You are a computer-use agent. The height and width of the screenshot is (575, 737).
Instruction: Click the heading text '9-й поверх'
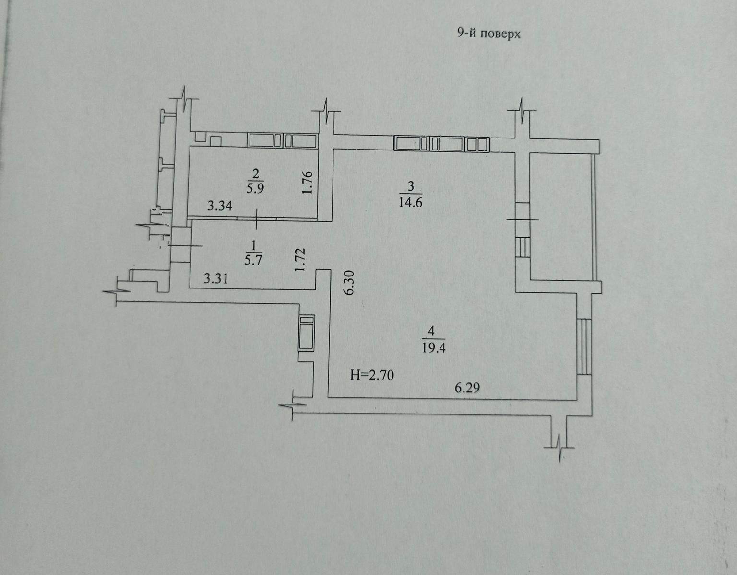coord(488,34)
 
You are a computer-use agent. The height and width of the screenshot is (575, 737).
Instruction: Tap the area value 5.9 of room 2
coord(255,187)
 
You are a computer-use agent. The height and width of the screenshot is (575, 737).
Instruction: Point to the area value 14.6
coord(410,202)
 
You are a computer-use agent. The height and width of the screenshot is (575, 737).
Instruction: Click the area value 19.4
coord(434,347)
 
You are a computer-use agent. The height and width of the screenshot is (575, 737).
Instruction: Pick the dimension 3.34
coord(220,206)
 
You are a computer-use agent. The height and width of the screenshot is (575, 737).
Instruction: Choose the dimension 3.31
coord(216,278)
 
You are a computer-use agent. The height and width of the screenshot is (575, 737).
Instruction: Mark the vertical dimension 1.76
coord(308,183)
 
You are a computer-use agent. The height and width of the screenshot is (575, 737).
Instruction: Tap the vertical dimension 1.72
coord(300,260)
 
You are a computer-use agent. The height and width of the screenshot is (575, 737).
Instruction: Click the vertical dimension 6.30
coord(349,282)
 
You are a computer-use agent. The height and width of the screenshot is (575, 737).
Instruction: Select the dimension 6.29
coord(467,388)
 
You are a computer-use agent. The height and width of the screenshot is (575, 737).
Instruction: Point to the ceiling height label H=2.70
coord(372,375)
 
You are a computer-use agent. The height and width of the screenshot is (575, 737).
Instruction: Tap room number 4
coord(431,331)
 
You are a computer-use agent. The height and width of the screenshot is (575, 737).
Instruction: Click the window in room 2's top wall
coord(282,140)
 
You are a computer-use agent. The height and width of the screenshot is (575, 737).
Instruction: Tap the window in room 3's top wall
coord(441,144)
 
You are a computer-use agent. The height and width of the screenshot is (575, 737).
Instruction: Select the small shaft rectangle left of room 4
coord(306,333)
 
